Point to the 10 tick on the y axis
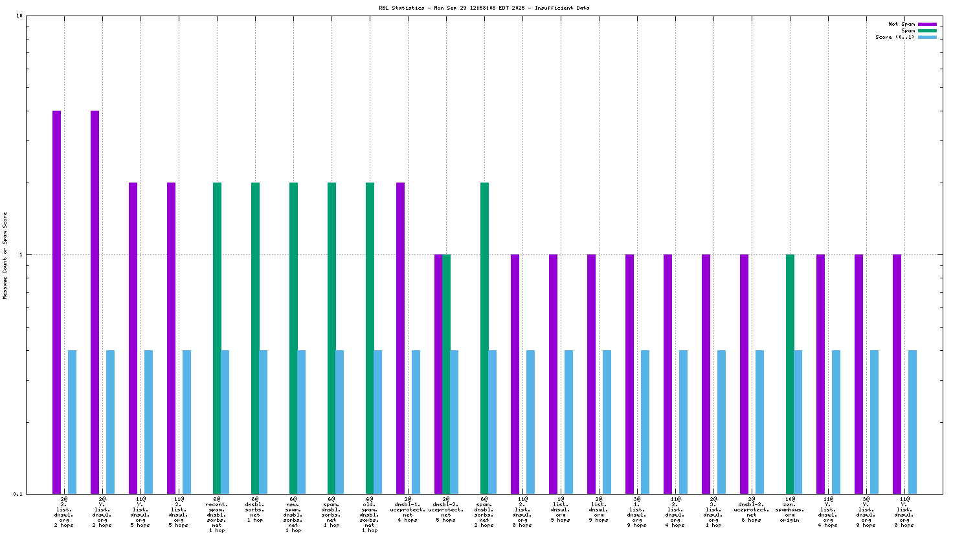click(x=19, y=16)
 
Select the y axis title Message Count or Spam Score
click(x=5, y=255)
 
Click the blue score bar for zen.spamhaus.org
click(x=798, y=421)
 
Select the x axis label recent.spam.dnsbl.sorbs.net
click(x=217, y=515)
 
